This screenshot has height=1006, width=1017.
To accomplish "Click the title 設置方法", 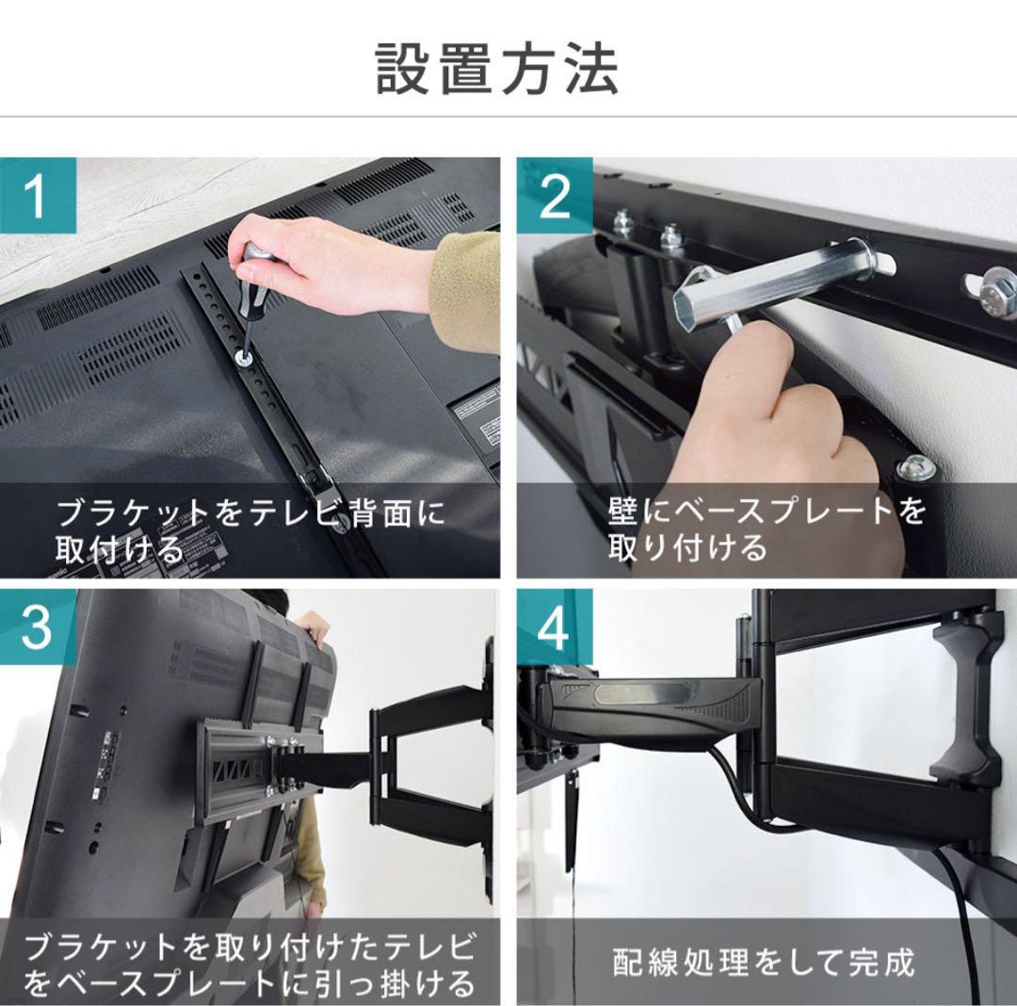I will [x=497, y=69].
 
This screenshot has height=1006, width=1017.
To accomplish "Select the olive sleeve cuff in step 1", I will [x=466, y=283].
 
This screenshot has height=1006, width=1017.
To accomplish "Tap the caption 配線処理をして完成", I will [x=763, y=963].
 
